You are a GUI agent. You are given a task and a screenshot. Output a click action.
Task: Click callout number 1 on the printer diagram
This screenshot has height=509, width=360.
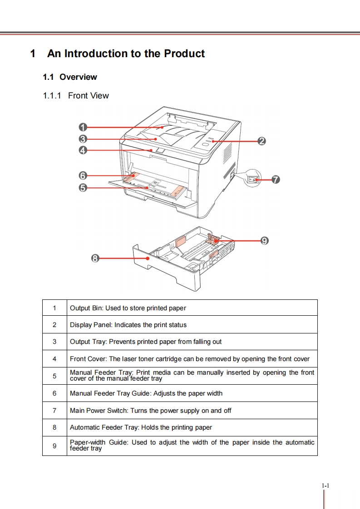[x=83, y=127]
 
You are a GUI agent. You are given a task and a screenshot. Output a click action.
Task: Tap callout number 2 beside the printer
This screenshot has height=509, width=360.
[x=261, y=141]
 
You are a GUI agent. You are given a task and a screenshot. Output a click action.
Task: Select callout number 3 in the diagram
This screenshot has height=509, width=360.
[x=83, y=139]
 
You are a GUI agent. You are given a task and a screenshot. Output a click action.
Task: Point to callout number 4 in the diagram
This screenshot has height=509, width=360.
[x=83, y=150]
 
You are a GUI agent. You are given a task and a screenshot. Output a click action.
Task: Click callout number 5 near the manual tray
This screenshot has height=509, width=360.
[x=83, y=187]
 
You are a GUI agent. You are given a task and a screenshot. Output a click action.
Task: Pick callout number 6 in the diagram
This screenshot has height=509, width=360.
[x=83, y=175]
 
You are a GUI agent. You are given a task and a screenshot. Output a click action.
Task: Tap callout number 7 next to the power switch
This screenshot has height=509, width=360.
[x=275, y=180]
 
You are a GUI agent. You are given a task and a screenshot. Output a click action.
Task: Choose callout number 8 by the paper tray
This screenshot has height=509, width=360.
[x=95, y=258]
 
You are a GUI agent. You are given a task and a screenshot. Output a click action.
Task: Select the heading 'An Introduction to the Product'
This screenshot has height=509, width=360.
[x=126, y=54]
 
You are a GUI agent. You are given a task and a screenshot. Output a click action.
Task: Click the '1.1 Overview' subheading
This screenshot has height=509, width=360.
[x=69, y=77]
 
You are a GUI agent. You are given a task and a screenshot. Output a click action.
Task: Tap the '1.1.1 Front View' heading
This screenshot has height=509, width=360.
[x=76, y=96]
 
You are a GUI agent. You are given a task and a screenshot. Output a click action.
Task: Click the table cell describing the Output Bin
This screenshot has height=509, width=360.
[x=128, y=308]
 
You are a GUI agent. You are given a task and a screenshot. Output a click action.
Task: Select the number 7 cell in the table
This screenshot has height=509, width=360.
[x=54, y=410]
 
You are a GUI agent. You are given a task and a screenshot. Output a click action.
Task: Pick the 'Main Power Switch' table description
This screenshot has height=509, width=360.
[x=150, y=410]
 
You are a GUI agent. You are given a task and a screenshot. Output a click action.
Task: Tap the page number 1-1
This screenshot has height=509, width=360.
[x=325, y=486]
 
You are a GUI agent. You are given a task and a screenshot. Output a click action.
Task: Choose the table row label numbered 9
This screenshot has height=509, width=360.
[x=54, y=445]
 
